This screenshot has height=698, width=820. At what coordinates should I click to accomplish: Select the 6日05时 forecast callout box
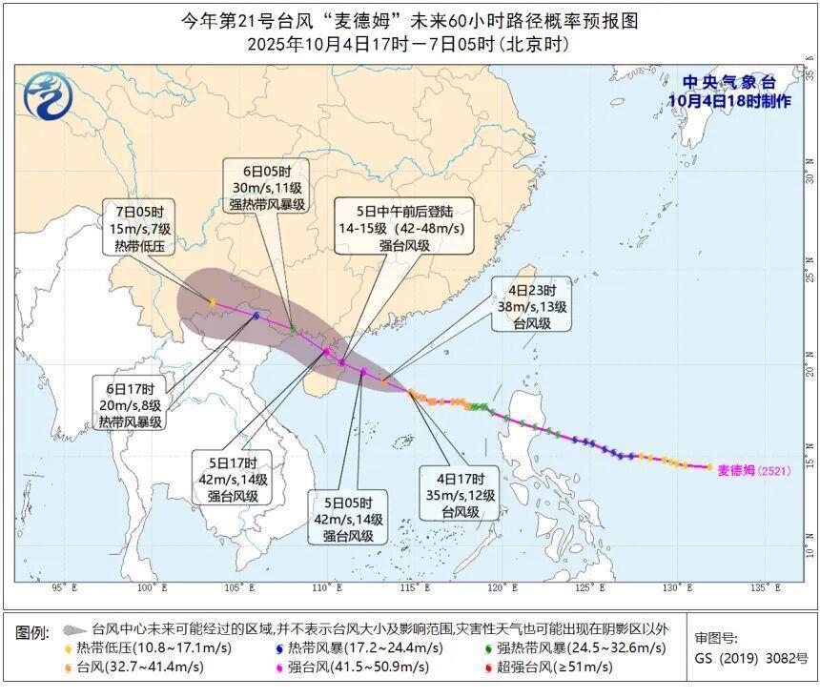coord(268,185)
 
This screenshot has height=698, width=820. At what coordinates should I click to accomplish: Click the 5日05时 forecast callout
coord(347,519)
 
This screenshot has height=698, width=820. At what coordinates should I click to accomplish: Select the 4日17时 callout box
coord(461,496)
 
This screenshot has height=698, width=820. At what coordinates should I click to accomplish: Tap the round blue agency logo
coord(47,93)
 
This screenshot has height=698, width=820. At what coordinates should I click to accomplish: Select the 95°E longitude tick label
coord(64,587)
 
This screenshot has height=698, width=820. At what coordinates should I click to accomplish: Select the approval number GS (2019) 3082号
coord(751,657)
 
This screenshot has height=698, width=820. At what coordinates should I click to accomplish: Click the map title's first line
coord(409,20)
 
